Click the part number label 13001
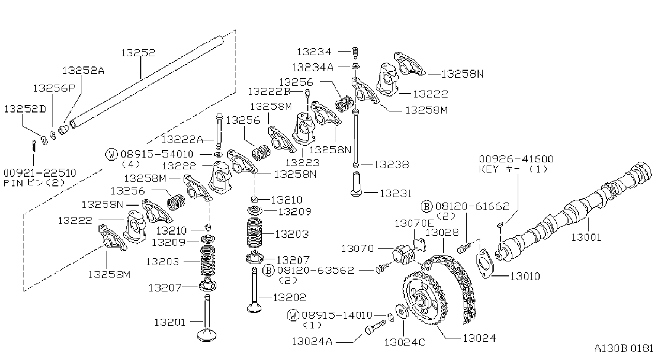(586, 237)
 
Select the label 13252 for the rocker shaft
(138, 52)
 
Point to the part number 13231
(395, 194)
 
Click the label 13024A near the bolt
(312, 341)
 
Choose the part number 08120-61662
(472, 206)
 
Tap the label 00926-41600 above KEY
(516, 159)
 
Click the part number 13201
(170, 322)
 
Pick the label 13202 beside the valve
(290, 297)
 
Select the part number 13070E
(414, 223)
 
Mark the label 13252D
(25, 109)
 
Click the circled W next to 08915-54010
(111, 154)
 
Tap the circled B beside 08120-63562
(268, 270)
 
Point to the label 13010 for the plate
(525, 276)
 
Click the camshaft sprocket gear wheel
(425, 298)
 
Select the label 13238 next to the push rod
(391, 164)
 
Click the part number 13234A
(313, 67)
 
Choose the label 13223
(302, 162)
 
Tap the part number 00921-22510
(40, 172)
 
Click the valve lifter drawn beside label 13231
(356, 184)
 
